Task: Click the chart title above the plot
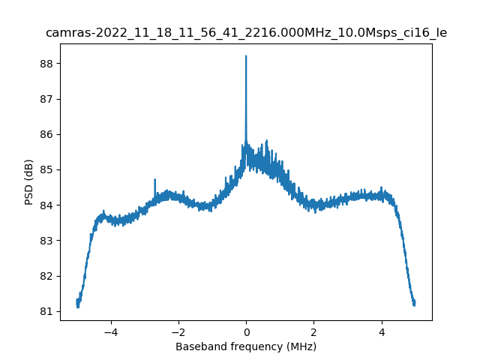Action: click(x=246, y=33)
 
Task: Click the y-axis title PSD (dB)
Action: click(x=28, y=182)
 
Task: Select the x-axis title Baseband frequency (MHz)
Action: click(x=246, y=346)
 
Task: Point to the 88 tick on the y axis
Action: click(x=46, y=64)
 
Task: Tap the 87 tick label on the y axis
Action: click(x=46, y=99)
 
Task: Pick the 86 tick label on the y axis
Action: click(x=46, y=134)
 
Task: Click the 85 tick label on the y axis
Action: click(x=46, y=169)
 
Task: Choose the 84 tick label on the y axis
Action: click(x=46, y=205)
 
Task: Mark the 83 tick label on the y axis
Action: click(x=46, y=241)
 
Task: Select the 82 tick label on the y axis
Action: click(x=46, y=276)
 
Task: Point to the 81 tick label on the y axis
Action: click(x=46, y=311)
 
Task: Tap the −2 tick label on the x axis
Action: click(x=178, y=331)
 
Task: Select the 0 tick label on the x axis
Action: click(x=246, y=331)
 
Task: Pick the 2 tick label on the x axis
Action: click(x=313, y=331)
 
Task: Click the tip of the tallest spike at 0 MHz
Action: click(x=246, y=56)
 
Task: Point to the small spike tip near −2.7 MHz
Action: click(x=154, y=180)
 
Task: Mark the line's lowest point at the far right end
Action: click(x=414, y=305)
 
